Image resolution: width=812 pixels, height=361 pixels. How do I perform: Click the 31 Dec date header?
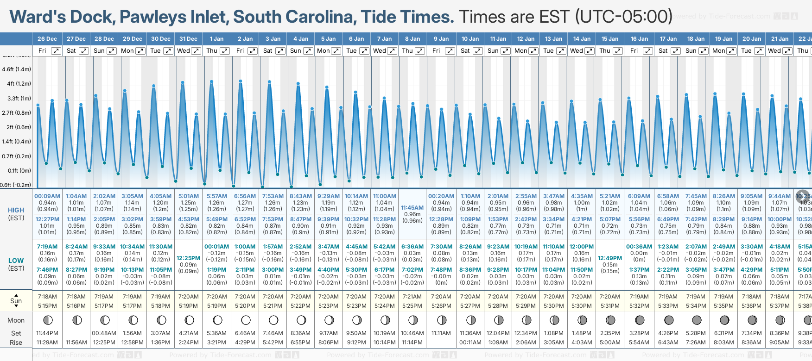[x=188, y=39]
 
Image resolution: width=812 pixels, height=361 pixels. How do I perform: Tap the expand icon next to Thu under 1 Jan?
[x=224, y=51]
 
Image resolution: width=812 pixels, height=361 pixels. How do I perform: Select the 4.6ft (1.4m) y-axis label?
[x=16, y=69]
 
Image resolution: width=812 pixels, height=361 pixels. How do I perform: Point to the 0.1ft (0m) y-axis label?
[x=16, y=171]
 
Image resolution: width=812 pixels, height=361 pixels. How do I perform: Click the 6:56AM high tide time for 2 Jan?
[x=245, y=196]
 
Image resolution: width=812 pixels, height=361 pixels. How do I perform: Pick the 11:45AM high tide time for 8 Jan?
[x=412, y=208]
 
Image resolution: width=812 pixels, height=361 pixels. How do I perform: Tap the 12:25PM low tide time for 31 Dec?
[x=188, y=258]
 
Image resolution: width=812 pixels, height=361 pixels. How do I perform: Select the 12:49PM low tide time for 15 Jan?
[x=610, y=258]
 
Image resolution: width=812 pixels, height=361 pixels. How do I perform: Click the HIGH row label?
[x=16, y=210]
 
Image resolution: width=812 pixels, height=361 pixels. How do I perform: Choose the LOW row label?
[x=16, y=261]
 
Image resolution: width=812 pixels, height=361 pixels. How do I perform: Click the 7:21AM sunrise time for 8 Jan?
[x=412, y=297]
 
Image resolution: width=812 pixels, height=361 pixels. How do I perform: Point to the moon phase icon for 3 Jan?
[x=273, y=320]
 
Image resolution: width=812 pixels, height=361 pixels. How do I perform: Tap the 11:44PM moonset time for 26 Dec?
[x=47, y=333]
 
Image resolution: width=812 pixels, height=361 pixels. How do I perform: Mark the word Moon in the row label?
[x=16, y=320]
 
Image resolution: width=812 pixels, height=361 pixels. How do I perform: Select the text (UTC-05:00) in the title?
[x=623, y=17]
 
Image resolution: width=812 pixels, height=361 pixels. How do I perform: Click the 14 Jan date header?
[x=582, y=39]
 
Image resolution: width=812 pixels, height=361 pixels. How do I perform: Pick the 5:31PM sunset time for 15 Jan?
[x=610, y=306]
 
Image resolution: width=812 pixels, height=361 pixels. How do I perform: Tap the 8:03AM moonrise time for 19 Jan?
[x=723, y=342]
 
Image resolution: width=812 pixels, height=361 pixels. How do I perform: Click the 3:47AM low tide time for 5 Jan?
[x=328, y=247]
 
